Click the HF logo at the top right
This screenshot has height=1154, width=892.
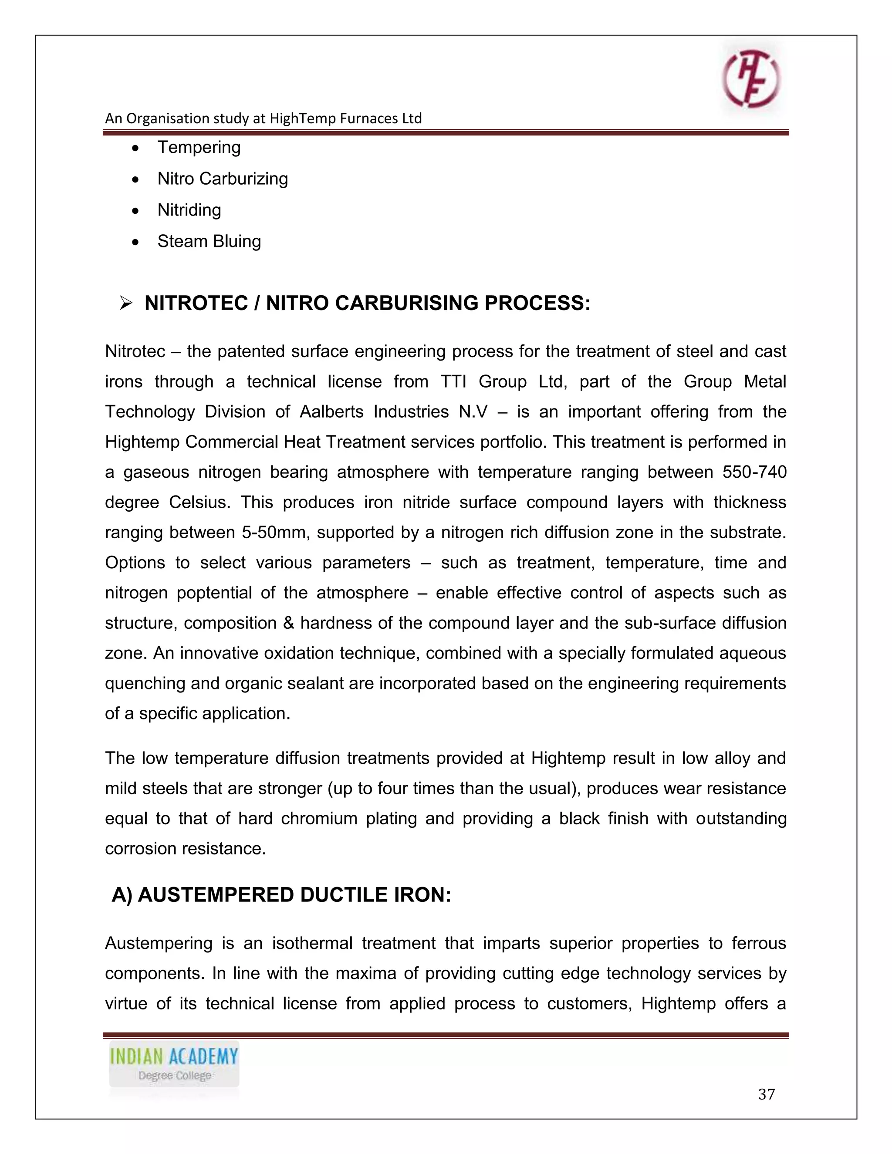(x=751, y=79)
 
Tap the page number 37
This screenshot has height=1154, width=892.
(x=766, y=1094)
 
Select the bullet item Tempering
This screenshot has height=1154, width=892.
(x=199, y=148)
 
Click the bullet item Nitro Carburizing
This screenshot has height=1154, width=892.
(x=223, y=179)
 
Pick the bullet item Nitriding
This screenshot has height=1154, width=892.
(x=189, y=210)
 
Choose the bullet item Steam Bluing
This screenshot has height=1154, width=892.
(x=209, y=242)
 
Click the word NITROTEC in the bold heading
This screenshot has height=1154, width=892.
(x=196, y=303)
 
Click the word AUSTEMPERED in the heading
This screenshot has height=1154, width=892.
(x=216, y=895)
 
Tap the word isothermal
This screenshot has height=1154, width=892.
(x=312, y=943)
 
